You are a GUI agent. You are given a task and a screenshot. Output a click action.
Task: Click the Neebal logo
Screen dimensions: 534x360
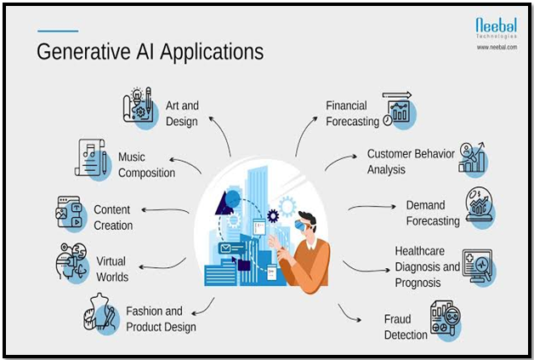tap(497, 28)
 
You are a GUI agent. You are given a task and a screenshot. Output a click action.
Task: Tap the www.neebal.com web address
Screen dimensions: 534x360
tap(497, 47)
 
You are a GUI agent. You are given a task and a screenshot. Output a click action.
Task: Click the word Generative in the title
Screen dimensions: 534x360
tap(83, 52)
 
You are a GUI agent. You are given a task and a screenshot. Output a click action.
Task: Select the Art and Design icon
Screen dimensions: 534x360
tap(140, 107)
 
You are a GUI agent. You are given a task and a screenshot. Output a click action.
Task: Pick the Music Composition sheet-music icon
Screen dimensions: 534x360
tap(92, 159)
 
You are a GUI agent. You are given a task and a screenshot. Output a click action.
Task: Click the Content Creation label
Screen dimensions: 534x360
tap(113, 218)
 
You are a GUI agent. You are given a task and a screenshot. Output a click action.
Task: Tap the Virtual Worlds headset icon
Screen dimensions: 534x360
tap(72, 263)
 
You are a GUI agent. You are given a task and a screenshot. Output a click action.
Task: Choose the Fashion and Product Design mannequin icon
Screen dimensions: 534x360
tap(101, 313)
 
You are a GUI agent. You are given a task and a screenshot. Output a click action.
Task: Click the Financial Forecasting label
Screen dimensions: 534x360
tap(353, 113)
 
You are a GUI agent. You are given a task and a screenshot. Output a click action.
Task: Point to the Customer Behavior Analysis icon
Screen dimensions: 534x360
tap(473, 159)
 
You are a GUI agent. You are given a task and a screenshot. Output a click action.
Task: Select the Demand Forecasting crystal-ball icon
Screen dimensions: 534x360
tap(480, 206)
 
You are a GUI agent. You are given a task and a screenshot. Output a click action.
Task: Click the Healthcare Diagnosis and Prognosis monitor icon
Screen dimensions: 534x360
tap(479, 267)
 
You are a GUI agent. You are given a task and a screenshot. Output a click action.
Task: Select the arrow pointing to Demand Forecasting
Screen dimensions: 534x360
tap(372, 207)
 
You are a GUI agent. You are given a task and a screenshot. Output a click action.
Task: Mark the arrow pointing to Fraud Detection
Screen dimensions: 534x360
tap(348, 314)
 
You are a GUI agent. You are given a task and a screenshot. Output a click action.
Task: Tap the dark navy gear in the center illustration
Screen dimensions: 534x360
tap(273, 216)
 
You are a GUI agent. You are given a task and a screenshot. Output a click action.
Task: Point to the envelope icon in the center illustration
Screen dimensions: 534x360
tap(225, 249)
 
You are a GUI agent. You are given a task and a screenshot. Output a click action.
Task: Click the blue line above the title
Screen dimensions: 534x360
tap(58, 31)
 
